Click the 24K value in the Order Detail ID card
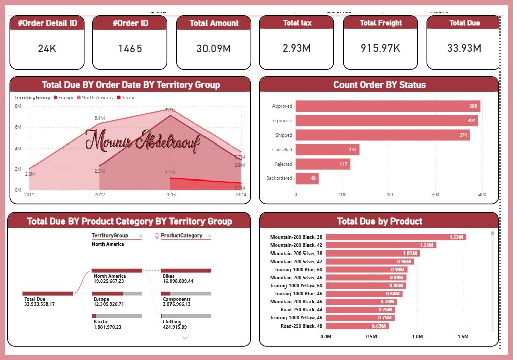47,49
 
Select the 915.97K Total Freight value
381,48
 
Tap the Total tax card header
296,23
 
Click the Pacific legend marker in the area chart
119,97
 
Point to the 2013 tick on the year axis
170,194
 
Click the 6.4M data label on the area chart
99,118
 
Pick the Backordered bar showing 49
307,178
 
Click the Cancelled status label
282,150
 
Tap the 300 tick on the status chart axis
435,194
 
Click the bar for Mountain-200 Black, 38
395,237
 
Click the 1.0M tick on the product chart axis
417,336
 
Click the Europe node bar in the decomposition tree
117,293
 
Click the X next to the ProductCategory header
209,236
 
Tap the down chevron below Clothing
185,338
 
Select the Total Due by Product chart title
380,221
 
